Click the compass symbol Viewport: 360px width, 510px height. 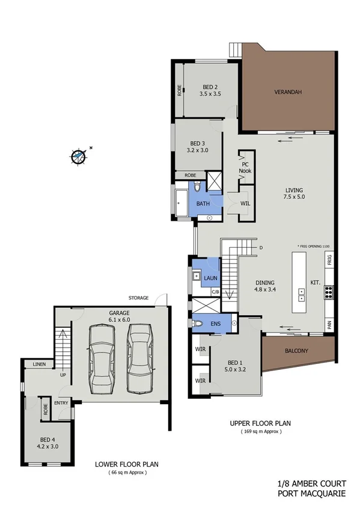tap(79, 156)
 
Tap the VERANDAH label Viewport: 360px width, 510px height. tap(287, 93)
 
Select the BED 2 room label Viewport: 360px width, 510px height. tap(210, 87)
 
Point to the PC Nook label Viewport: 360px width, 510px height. tap(245, 167)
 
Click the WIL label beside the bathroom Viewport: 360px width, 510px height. tap(245, 203)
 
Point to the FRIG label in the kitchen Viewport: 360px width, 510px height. tap(329, 260)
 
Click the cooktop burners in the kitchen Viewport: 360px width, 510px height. tap(329, 293)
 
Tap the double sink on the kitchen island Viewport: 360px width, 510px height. tap(301, 295)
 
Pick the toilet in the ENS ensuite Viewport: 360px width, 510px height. tap(200, 323)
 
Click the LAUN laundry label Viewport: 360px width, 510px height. tap(210, 278)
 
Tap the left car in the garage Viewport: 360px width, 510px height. tap(99, 358)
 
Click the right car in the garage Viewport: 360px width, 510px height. tap(138, 358)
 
